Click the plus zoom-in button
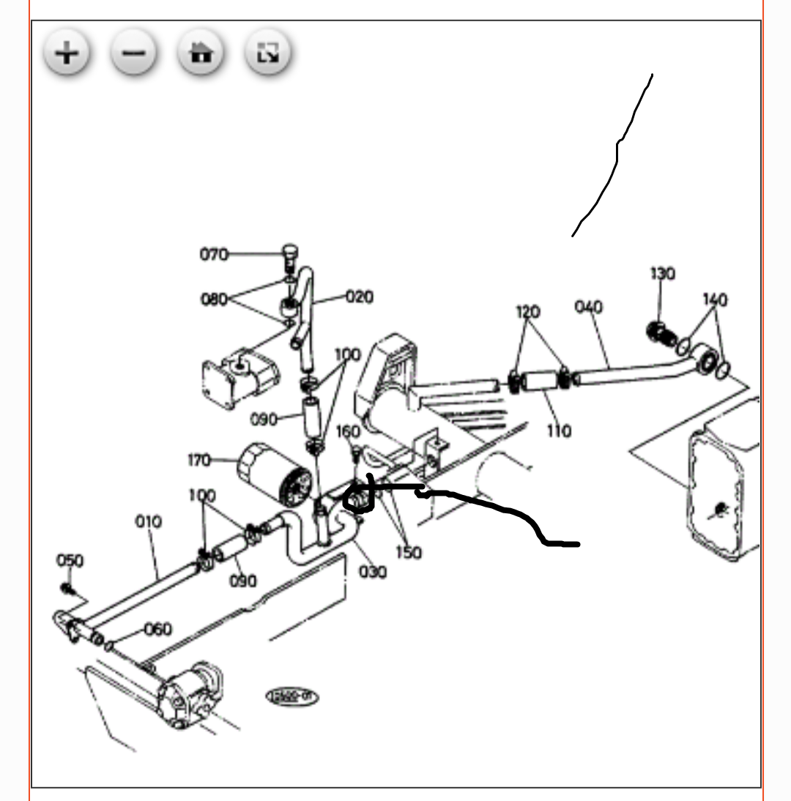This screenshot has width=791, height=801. coord(67,53)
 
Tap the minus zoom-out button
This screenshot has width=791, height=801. coord(133,53)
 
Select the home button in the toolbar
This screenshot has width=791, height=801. coord(201,53)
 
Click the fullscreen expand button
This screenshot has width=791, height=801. coord(267,53)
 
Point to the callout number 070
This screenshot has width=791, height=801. coord(214,255)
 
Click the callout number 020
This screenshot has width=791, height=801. coord(359,297)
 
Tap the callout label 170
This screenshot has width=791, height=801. coord(198,461)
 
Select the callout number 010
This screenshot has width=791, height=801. coord(148,522)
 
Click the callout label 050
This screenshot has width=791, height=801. coord(70,561)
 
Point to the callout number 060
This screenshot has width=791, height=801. coord(157,629)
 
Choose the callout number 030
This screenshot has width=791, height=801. coord(372,571)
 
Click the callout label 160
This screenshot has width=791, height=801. coord(348,432)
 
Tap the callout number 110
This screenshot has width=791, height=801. coord(559,431)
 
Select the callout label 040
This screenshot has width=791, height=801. coord(589,306)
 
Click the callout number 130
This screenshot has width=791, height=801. coord(663,274)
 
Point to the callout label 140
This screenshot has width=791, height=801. coord(715,299)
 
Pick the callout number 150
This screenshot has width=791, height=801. coord(407,552)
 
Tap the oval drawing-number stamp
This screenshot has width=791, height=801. coord(291,696)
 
